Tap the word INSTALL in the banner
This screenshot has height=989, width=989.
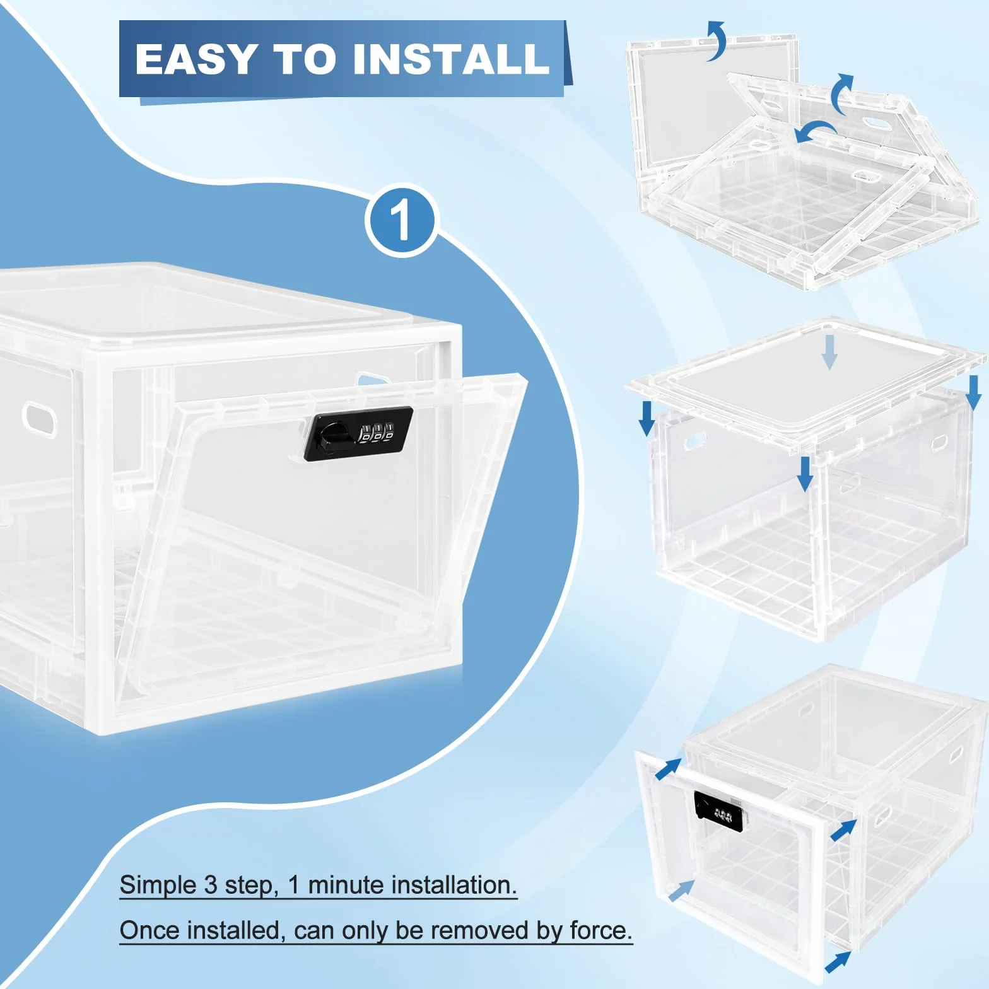pyautogui.click(x=452, y=59)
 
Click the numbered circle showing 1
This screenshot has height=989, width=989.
pyautogui.click(x=401, y=221)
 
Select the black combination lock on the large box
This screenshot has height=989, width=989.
pyautogui.click(x=358, y=434)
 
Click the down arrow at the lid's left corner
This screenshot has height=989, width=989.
pyautogui.click(x=647, y=418)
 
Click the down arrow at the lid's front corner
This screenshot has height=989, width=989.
pyautogui.click(x=805, y=474)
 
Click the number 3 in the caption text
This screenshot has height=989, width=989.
pyautogui.click(x=211, y=885)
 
